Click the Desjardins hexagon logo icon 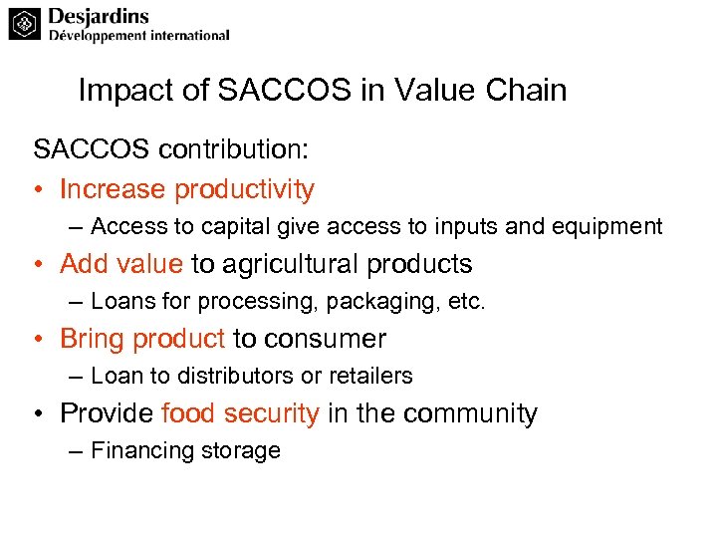click(25, 23)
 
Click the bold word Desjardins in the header click(99, 15)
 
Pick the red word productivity click(244, 189)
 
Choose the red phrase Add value click(121, 264)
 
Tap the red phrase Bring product click(142, 339)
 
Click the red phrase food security click(240, 413)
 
